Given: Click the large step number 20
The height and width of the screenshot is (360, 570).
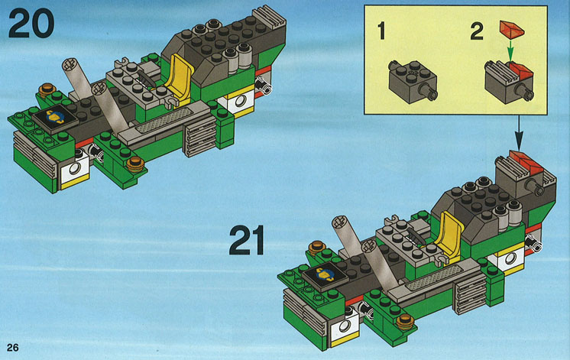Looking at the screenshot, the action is pos(31,23).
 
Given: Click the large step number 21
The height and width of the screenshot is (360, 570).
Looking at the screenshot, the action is pos(247,240).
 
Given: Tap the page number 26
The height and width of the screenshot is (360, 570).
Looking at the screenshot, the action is pos(12,348).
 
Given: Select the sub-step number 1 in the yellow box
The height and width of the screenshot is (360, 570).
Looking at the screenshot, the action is pos(381,31).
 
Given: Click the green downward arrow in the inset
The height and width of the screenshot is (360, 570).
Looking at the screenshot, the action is pos(510,50).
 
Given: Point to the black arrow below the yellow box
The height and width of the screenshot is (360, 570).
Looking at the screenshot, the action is pos(519,133).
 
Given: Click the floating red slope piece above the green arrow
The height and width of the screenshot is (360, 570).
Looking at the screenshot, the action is pos(512,30).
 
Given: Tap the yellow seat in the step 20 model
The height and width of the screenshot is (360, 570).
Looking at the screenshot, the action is pos(179,77).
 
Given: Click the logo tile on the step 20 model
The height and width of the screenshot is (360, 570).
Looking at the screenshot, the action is pos(54,118).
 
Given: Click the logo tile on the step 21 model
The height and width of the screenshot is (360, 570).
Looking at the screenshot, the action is pos(325,276).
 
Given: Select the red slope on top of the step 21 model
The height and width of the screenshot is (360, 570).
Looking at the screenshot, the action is pos(526,163).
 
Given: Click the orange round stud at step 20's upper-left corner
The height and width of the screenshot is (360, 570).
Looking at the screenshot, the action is pos(47,89).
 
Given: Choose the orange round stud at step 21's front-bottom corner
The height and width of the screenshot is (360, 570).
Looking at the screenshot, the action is pos(406,322).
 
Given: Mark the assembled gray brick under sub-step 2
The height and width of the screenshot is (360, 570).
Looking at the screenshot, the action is pos(509,83).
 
